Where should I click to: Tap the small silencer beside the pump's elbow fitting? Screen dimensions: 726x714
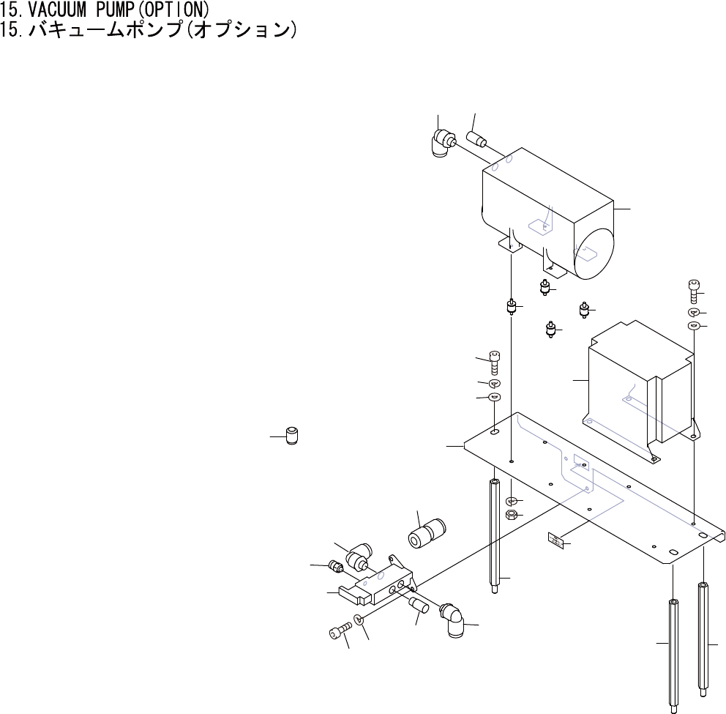pyautogui.click(x=480, y=138)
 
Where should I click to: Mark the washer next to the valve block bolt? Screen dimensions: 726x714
pyautogui.click(x=359, y=621)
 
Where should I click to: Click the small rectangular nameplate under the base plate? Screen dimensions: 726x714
pyautogui.click(x=555, y=541)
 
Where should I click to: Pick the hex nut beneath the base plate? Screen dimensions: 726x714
pyautogui.click(x=512, y=515)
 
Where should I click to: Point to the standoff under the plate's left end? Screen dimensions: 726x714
pyautogui.click(x=495, y=538)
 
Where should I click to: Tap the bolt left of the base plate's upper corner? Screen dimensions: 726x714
pyautogui.click(x=494, y=360)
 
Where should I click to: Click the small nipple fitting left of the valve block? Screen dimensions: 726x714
pyautogui.click(x=336, y=565)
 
